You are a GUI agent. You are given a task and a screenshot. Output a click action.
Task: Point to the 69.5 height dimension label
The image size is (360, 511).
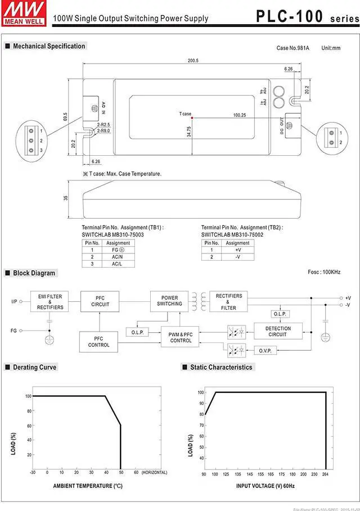coord(65,117)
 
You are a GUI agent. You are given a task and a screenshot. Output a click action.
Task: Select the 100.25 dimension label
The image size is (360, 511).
coord(239,115)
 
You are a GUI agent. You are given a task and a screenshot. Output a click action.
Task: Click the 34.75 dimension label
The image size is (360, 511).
coord(189,132)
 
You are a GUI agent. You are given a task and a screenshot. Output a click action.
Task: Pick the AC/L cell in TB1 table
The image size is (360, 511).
coord(117,263)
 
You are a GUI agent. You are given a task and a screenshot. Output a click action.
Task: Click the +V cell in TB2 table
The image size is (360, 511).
coord(237,250)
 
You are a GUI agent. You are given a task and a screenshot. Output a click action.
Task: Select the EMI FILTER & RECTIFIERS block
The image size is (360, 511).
coord(50,301)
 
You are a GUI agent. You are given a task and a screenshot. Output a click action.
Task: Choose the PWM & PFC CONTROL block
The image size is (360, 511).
coord(181,337)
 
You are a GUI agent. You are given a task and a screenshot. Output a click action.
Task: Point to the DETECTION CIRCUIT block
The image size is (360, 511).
coord(278,331)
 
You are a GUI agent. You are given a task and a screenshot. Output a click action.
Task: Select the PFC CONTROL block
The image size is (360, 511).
coord(98,341)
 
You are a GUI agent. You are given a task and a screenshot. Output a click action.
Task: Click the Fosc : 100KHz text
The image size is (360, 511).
coord(324,272)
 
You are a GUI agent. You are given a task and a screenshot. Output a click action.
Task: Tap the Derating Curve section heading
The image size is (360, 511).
coord(35,367)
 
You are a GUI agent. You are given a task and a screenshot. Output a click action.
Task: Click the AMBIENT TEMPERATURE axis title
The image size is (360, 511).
coord(88,486)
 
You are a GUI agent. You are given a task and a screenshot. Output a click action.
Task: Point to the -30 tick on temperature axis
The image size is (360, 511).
coord(33,472)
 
